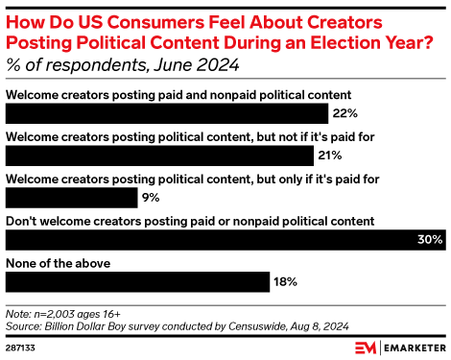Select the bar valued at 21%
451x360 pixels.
coord(159,156)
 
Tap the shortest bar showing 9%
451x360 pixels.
coord(72,198)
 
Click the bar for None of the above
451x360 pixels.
coord(137,282)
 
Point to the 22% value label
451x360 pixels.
coord(343,113)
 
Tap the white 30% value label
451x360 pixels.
coord(428,240)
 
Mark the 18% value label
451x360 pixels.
coord(286,282)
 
